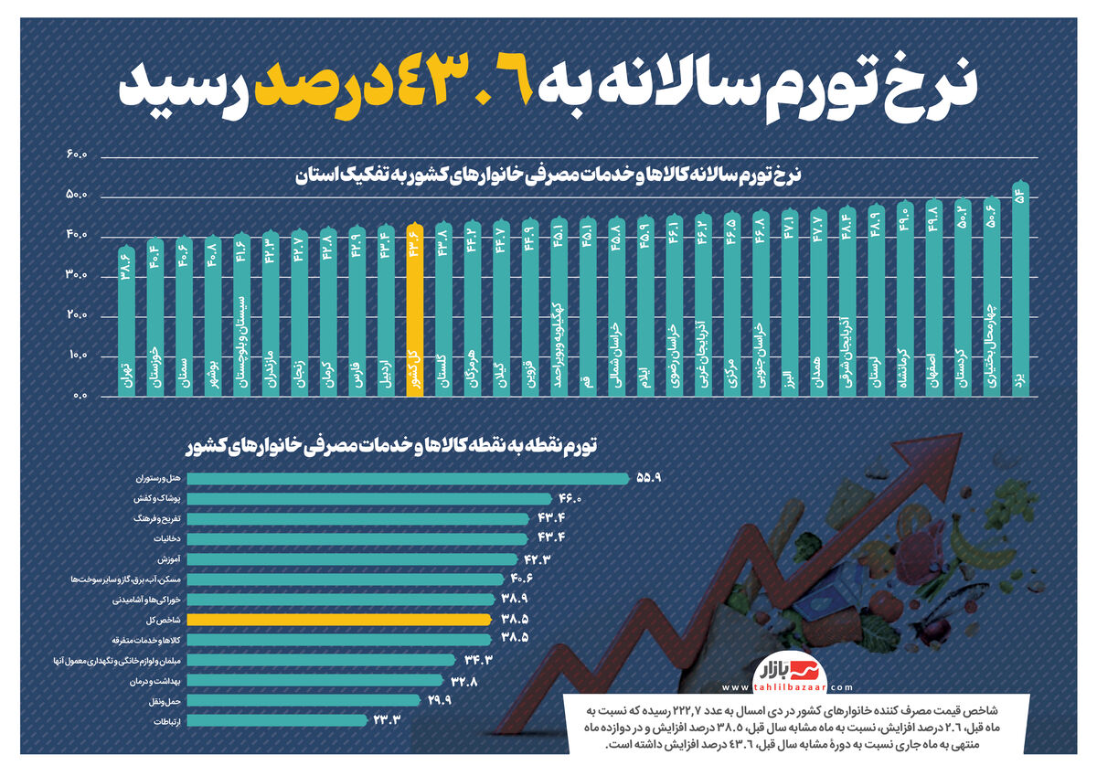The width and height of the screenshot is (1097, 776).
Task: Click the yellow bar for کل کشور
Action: (415, 311)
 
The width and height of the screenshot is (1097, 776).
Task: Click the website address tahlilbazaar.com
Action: (787, 687)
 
